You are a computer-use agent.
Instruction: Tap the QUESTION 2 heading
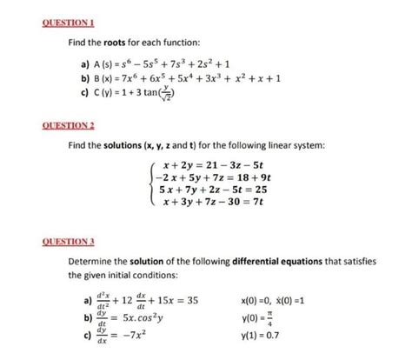point(34,124)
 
